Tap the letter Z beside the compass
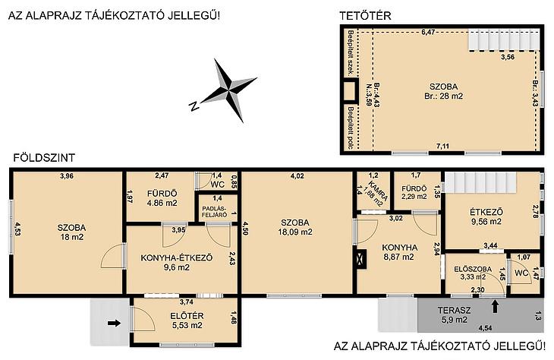pos(194,106)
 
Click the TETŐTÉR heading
pos(365,16)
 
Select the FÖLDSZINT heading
pos(44,158)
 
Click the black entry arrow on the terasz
pos(495,306)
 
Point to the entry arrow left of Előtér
pos(114,323)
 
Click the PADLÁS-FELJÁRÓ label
pos(215,211)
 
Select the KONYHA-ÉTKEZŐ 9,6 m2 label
pos(177,262)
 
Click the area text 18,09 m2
pos(295,232)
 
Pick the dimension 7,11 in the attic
pos(442,146)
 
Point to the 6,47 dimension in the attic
pos(428,32)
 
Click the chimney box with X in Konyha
pos(361,259)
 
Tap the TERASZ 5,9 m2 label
pos(454,315)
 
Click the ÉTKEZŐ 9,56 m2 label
pos(486,216)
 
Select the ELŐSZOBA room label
pos(473,269)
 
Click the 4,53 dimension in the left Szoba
pos(17,231)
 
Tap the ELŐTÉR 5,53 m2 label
pos(187,321)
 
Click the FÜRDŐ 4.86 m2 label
pos(162,198)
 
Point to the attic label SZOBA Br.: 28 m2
pos(444,91)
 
